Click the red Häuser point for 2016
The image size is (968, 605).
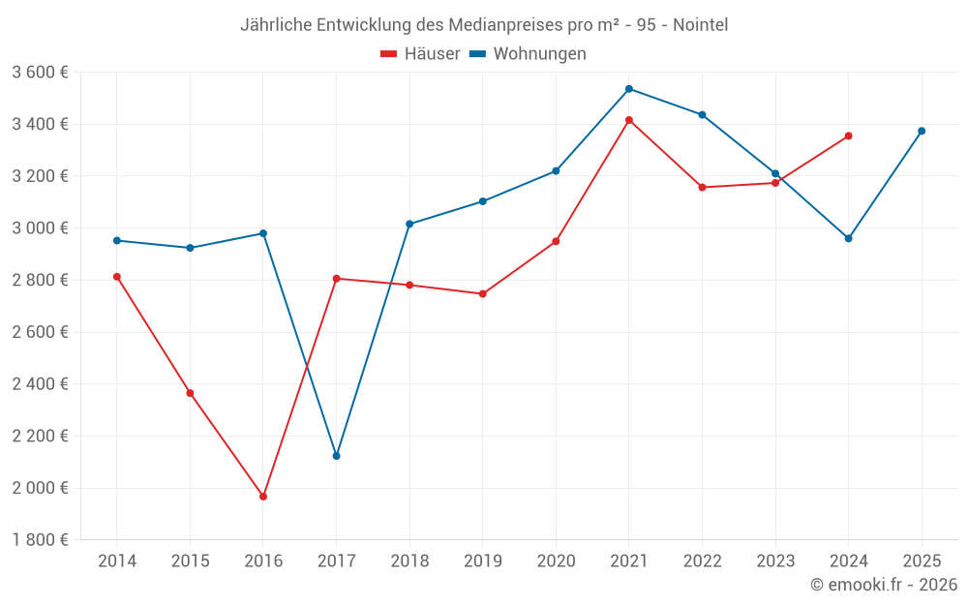pos(263,497)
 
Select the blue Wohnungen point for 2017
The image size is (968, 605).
pos(336,456)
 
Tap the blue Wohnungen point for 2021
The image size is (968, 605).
pos(629,89)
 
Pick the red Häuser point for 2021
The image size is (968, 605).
pos(629,120)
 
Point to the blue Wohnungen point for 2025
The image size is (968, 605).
pos(922,131)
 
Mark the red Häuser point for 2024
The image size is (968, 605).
pos(848,136)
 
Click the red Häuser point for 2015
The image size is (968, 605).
pos(190,393)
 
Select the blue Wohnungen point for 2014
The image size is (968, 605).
pos(117,240)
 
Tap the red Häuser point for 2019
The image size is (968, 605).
pos(483,293)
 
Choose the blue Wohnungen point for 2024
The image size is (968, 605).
pos(848,238)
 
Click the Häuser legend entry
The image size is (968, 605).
pos(420,54)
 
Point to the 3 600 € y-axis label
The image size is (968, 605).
pos(40,73)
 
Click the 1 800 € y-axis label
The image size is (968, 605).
pos(40,540)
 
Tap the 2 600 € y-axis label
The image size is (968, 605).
pos(40,332)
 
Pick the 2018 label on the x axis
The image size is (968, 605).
pos(409,561)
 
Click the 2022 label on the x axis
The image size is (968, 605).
pos(702,561)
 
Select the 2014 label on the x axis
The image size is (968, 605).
pos(117,561)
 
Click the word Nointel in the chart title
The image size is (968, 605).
pos(699,24)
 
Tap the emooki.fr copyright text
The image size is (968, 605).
pos(884,585)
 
